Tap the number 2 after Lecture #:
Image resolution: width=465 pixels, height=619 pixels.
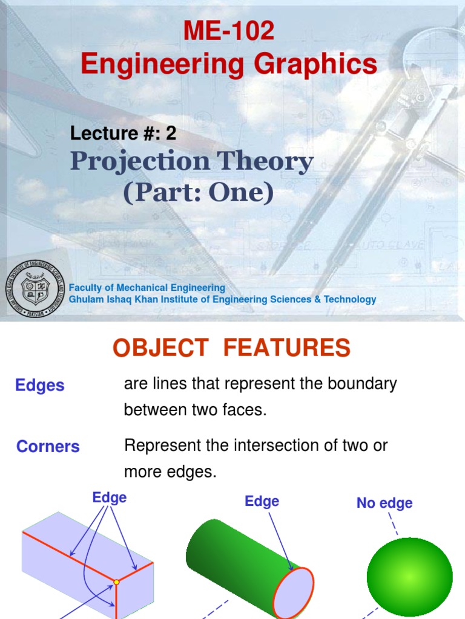point(171,134)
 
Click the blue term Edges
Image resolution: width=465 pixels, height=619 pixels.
point(40,386)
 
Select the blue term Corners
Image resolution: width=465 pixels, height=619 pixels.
point(48,447)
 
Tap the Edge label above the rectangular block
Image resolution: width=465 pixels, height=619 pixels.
point(110,497)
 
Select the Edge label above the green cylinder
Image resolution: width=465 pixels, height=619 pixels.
point(262,501)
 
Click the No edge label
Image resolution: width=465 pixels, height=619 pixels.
point(384,503)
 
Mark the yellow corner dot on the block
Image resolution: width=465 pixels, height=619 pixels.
point(116,582)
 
